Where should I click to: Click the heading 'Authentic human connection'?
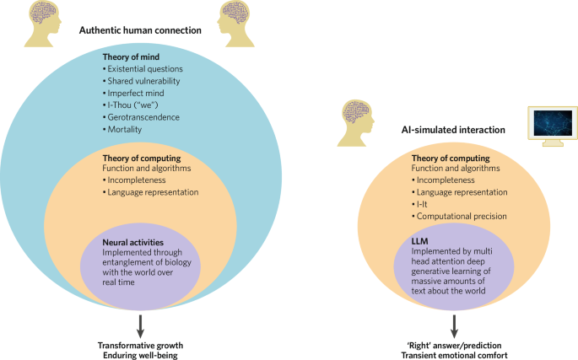140,30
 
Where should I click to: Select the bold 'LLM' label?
420,239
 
